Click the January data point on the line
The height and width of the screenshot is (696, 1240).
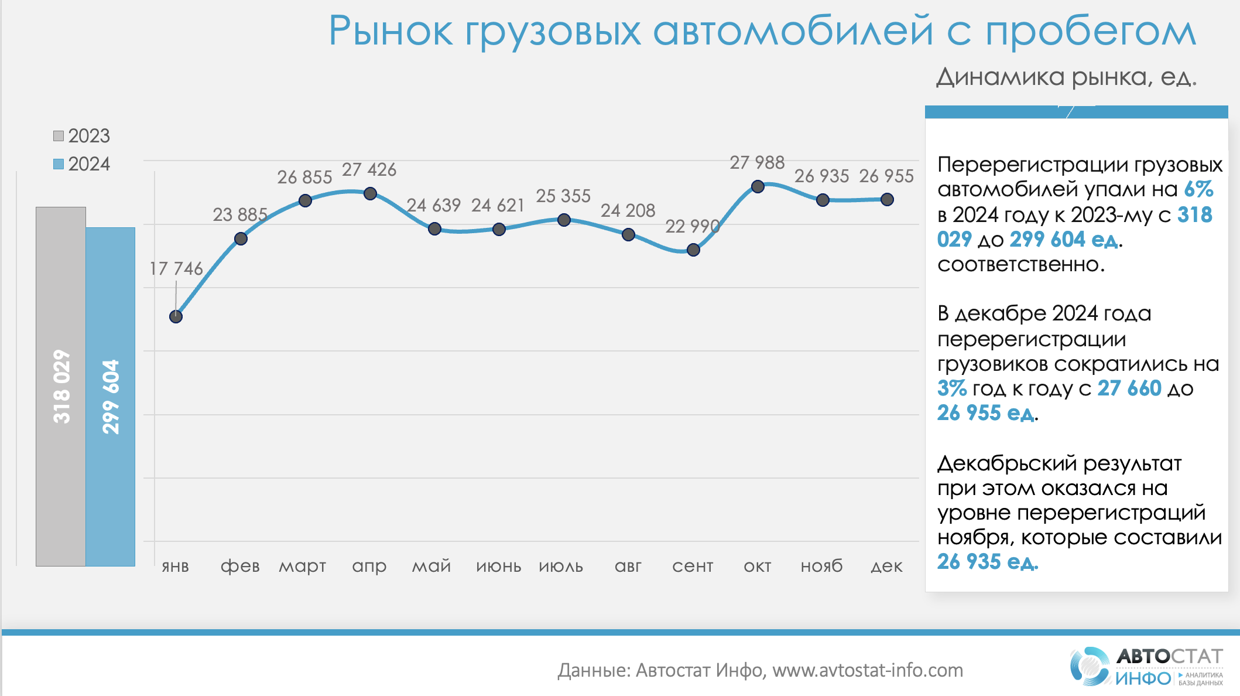pyautogui.click(x=176, y=316)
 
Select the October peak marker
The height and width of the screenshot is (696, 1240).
pyautogui.click(x=758, y=186)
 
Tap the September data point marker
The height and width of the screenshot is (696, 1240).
pyautogui.click(x=693, y=250)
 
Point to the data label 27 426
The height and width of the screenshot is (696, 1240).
pyautogui.click(x=369, y=170)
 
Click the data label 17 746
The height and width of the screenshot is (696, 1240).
pyautogui.click(x=176, y=269)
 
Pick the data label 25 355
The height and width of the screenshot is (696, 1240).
pyautogui.click(x=563, y=196)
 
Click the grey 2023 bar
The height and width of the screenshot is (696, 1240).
pyautogui.click(x=61, y=387)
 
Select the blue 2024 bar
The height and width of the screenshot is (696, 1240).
pyautogui.click(x=111, y=397)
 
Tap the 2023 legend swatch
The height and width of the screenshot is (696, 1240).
pyautogui.click(x=59, y=136)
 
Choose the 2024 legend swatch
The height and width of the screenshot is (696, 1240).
pyautogui.click(x=59, y=164)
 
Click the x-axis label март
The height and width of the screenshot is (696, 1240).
pyautogui.click(x=302, y=567)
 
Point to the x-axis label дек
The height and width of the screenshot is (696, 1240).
pyautogui.click(x=886, y=567)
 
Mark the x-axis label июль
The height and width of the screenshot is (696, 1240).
pyautogui.click(x=561, y=567)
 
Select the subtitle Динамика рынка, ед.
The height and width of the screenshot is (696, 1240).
pyautogui.click(x=1066, y=77)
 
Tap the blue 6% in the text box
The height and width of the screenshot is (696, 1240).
pyautogui.click(x=1198, y=189)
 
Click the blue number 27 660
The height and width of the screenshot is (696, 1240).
pyautogui.click(x=1129, y=388)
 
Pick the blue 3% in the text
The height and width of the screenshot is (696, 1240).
pyautogui.click(x=951, y=388)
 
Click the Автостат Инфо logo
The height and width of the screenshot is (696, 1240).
pyautogui.click(x=1146, y=666)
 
